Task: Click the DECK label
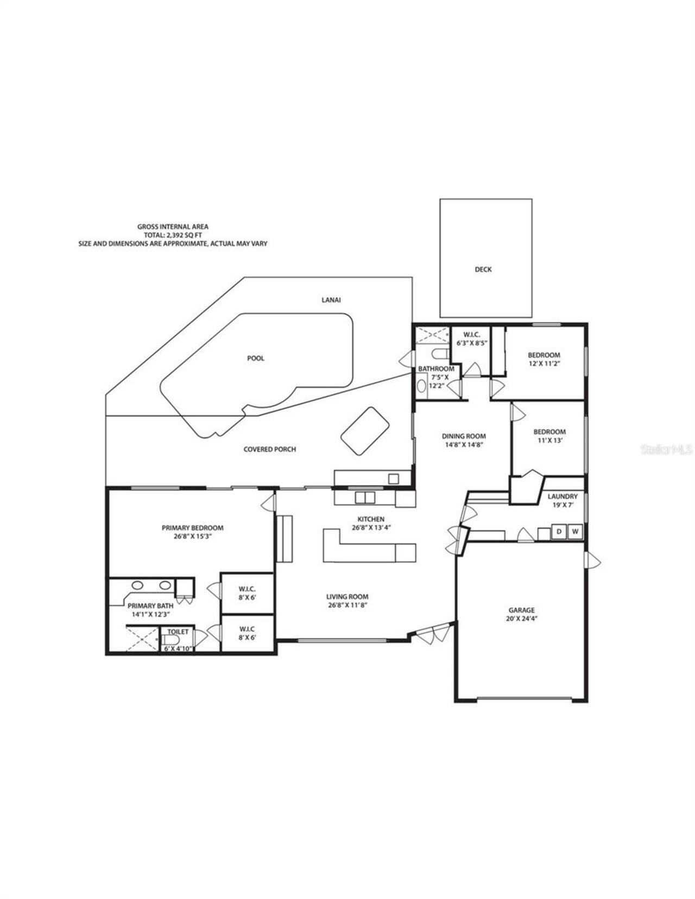click(483, 269)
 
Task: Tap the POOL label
click(256, 358)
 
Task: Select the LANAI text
click(331, 299)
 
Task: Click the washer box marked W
click(575, 532)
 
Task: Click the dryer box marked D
click(559, 532)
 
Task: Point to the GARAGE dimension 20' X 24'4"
click(521, 618)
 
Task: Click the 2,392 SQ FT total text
click(173, 235)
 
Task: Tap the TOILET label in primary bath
click(178, 632)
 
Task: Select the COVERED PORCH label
click(269, 449)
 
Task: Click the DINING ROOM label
click(463, 436)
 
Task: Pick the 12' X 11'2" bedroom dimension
click(544, 364)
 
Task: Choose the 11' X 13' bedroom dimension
click(549, 441)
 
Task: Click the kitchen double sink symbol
click(364, 497)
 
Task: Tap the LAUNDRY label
click(562, 496)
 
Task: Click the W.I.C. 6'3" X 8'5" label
click(471, 339)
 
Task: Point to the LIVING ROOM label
click(347, 596)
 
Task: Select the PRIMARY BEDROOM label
click(192, 527)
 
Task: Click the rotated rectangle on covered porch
click(365, 431)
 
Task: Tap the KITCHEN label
click(371, 519)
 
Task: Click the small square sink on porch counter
click(393, 479)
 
